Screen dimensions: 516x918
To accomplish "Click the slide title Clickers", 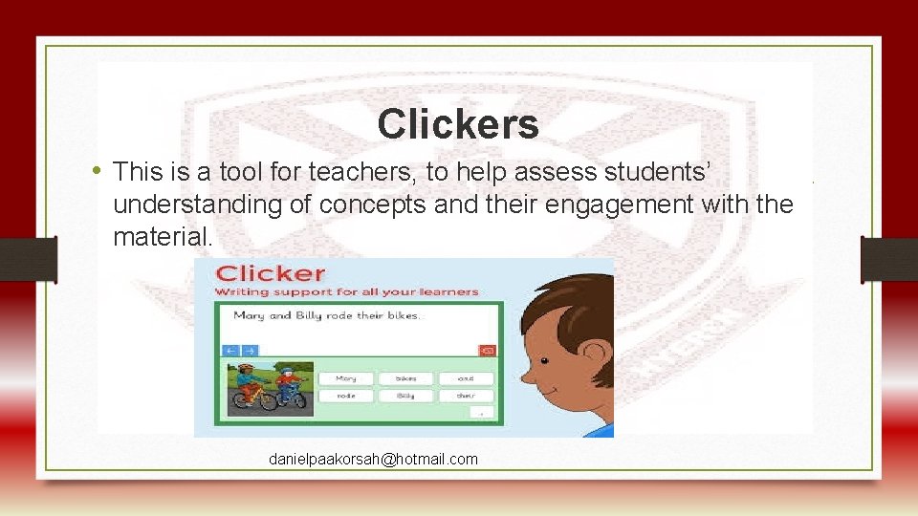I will (458, 124).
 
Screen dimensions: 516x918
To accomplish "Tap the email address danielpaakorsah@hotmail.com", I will (373, 460).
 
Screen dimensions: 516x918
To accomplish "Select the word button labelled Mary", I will (345, 378).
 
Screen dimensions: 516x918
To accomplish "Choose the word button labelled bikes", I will (404, 378).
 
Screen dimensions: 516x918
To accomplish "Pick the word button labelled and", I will (466, 378).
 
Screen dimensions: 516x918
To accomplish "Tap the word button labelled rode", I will (345, 396).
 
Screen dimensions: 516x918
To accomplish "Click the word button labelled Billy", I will (404, 396).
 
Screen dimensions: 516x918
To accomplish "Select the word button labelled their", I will (466, 396).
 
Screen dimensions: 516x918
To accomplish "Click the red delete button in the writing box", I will (487, 351).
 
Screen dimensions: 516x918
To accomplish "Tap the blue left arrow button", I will (230, 351).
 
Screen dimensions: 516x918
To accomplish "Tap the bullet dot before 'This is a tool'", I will (98, 172).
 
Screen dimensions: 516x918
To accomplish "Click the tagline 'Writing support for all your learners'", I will (346, 291).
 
